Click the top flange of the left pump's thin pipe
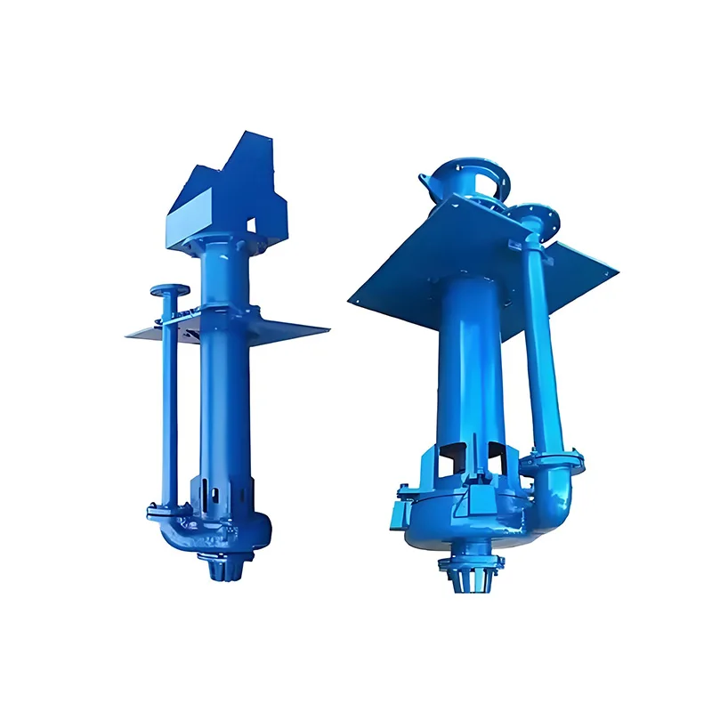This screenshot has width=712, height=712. pyautogui.click(x=170, y=291)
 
